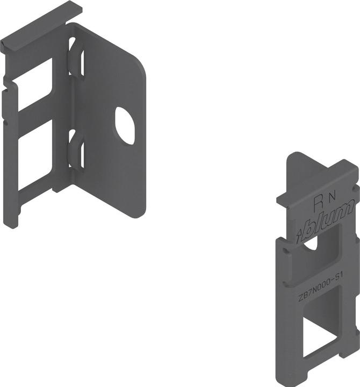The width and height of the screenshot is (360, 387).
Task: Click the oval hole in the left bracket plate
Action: click(x=125, y=126)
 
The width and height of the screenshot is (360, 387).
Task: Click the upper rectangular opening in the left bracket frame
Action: click(x=35, y=84)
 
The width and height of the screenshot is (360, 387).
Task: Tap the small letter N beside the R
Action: click(x=333, y=197)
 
